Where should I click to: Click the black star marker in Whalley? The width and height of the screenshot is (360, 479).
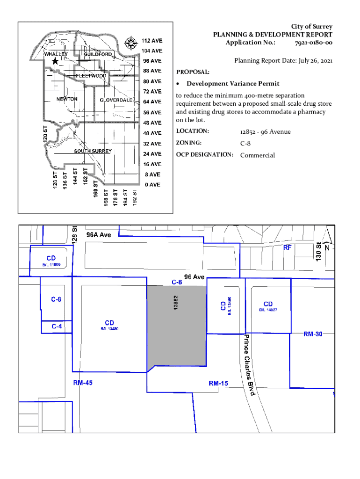click(55, 61)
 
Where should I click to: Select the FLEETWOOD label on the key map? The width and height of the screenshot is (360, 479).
click(91, 75)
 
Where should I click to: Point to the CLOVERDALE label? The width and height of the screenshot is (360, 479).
click(115, 100)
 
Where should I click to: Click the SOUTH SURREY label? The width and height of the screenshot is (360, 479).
click(93, 151)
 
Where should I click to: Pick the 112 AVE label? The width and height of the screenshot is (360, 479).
click(152, 40)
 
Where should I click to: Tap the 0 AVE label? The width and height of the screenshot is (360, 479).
click(152, 185)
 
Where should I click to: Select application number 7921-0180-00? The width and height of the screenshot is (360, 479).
click(313, 43)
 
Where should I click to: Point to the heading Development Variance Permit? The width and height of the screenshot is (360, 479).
click(233, 84)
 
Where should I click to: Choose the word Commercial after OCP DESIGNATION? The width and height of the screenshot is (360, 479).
click(257, 155)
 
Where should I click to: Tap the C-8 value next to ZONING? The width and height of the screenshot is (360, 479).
click(246, 143)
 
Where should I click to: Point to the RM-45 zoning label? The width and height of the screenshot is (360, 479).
click(83, 383)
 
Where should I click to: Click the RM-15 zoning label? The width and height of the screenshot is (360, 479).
click(218, 384)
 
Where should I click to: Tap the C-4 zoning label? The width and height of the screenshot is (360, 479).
click(56, 326)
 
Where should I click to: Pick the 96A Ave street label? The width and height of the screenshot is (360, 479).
click(98, 234)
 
